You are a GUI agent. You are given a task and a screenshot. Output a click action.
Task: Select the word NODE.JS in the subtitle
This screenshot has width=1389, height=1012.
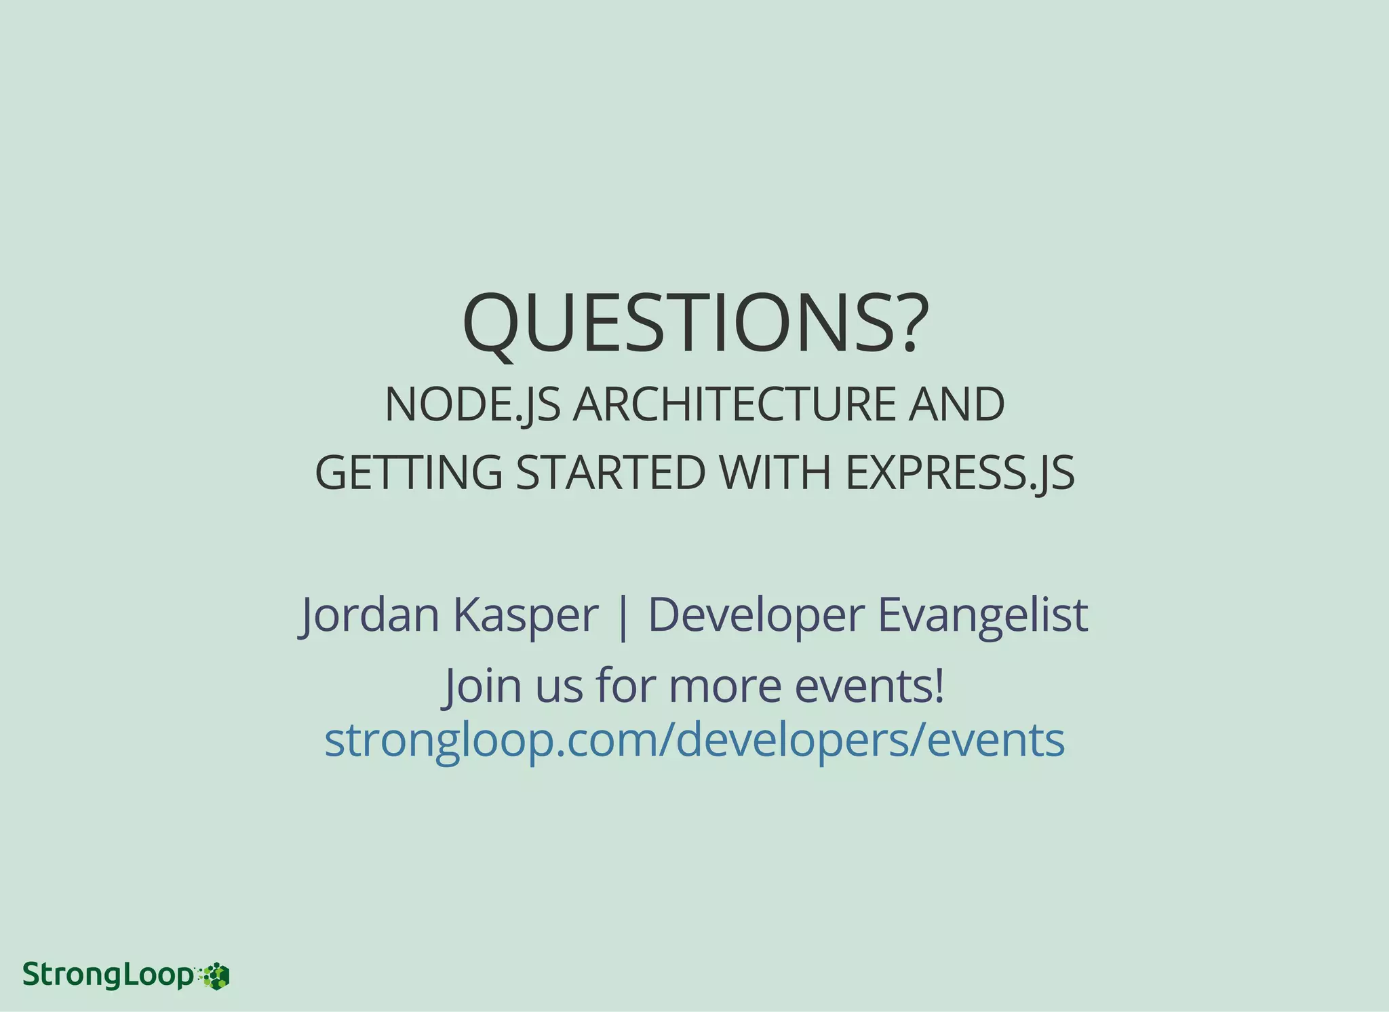click(472, 405)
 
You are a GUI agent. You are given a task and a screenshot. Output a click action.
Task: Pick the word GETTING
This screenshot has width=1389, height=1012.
click(408, 473)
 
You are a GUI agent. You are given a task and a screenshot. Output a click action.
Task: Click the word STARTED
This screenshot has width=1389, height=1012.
click(610, 473)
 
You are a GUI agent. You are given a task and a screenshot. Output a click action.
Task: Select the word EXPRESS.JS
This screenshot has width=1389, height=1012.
click(960, 473)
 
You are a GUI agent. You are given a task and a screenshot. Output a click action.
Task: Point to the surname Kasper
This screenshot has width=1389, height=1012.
click(526, 615)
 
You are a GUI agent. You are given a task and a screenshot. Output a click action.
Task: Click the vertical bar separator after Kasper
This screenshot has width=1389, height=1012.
click(623, 615)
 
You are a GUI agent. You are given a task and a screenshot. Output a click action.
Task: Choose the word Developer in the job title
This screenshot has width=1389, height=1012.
click(756, 615)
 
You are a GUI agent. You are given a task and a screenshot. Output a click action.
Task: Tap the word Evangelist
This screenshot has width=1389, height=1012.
click(983, 615)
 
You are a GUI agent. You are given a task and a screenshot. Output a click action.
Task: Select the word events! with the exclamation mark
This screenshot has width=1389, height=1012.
click(869, 686)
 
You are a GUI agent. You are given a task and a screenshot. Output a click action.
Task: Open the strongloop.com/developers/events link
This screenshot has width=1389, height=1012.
click(694, 740)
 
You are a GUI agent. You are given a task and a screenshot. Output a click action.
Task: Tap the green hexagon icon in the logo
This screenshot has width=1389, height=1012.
click(218, 976)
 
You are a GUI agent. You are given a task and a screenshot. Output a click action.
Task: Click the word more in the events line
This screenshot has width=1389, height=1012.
click(724, 686)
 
